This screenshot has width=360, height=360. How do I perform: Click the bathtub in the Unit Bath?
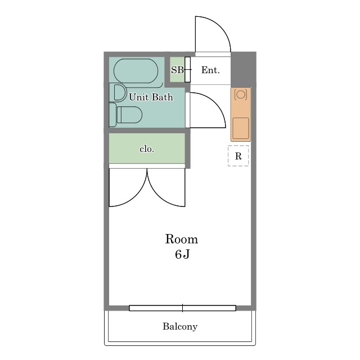coord(136,71)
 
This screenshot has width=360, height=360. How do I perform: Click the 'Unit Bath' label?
coord(151,97)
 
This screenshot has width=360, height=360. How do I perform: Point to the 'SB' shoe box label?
coord(177,70)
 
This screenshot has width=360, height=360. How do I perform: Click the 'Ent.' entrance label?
coord(210,70)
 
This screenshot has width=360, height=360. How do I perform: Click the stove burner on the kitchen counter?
coord(241,94)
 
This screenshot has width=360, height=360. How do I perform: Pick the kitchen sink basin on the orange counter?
coord(241,128)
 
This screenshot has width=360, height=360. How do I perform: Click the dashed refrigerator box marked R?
coord(238,156)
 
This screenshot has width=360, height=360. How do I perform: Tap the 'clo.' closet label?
coord(147,149)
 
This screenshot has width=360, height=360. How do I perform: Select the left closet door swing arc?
coord(138,195)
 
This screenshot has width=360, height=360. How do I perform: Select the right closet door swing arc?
coord(156,195)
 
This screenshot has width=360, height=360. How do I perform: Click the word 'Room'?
coord(181,239)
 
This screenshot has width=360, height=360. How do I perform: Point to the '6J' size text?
coord(182,254)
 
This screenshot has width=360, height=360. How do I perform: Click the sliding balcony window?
coord(182,308)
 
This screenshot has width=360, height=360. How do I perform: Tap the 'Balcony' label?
coord(180,326)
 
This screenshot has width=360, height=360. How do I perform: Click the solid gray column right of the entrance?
coord(243,70)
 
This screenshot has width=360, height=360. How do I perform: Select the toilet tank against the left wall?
coord(112,115)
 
